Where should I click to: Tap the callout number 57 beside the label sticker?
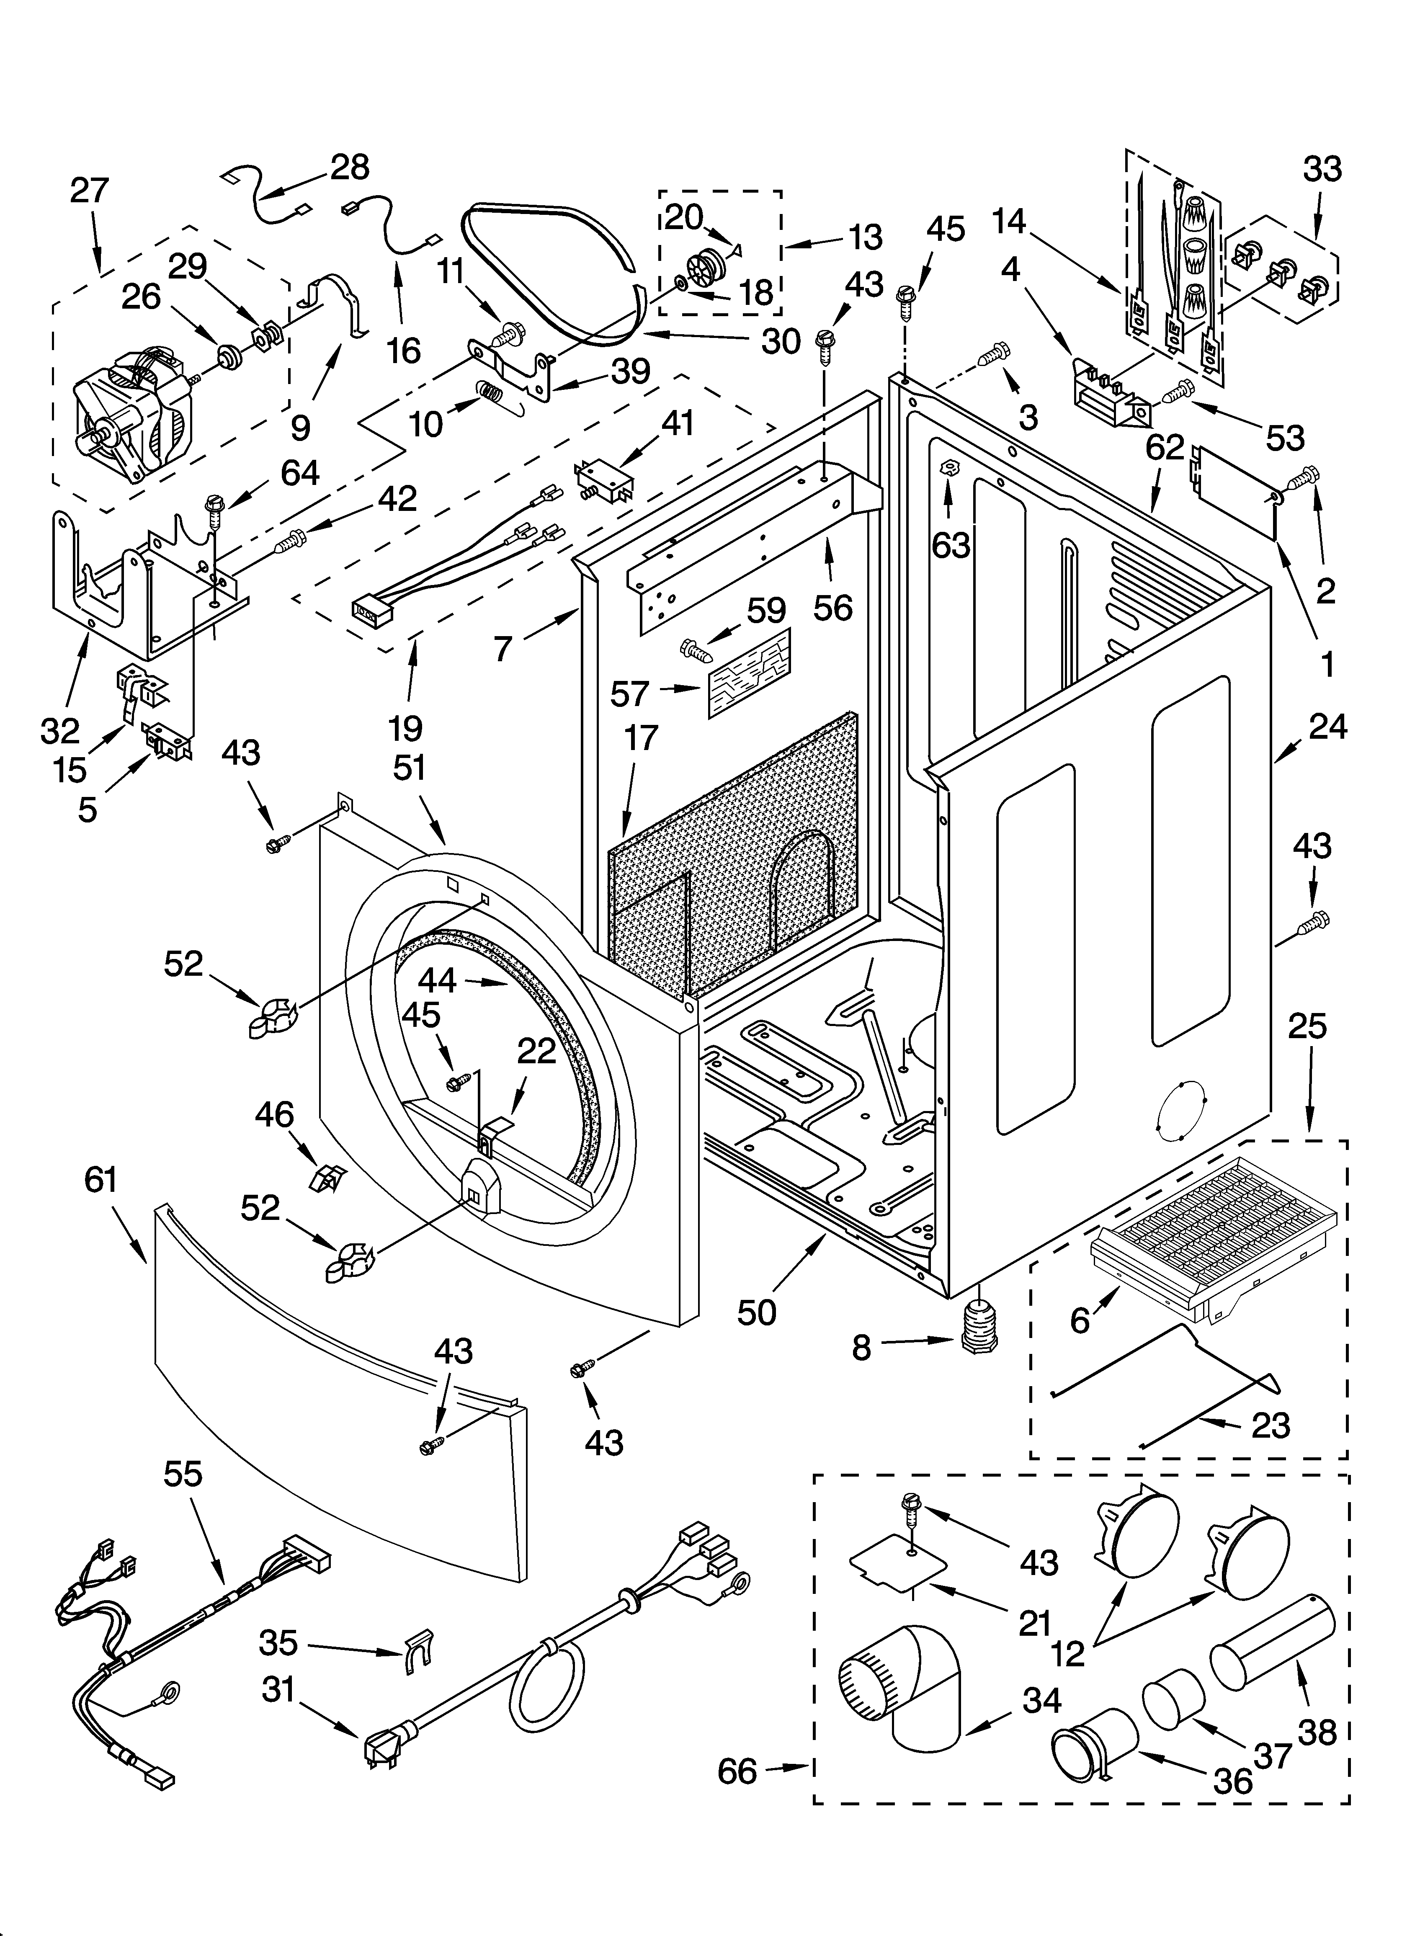629,693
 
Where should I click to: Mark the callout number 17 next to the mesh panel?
640,737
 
